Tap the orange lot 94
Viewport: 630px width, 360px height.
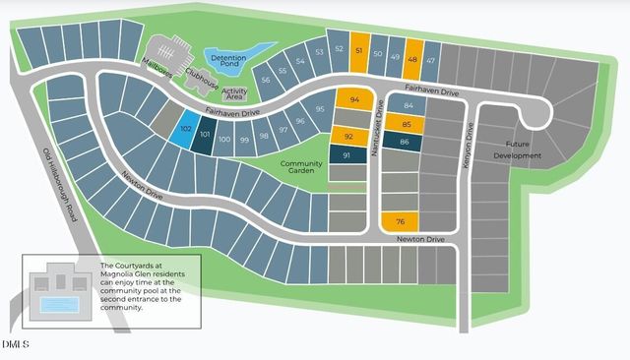pos(354,99)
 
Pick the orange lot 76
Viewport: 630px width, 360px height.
pos(401,221)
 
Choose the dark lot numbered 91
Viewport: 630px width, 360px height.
pos(346,155)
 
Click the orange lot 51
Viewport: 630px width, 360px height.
pos(360,53)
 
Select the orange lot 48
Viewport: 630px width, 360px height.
pos(412,58)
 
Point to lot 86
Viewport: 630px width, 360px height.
pos(405,144)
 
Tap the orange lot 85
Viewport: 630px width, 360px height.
pos(405,124)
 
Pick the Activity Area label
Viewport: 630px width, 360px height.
pos(234,93)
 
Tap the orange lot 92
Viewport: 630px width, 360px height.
pos(348,136)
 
